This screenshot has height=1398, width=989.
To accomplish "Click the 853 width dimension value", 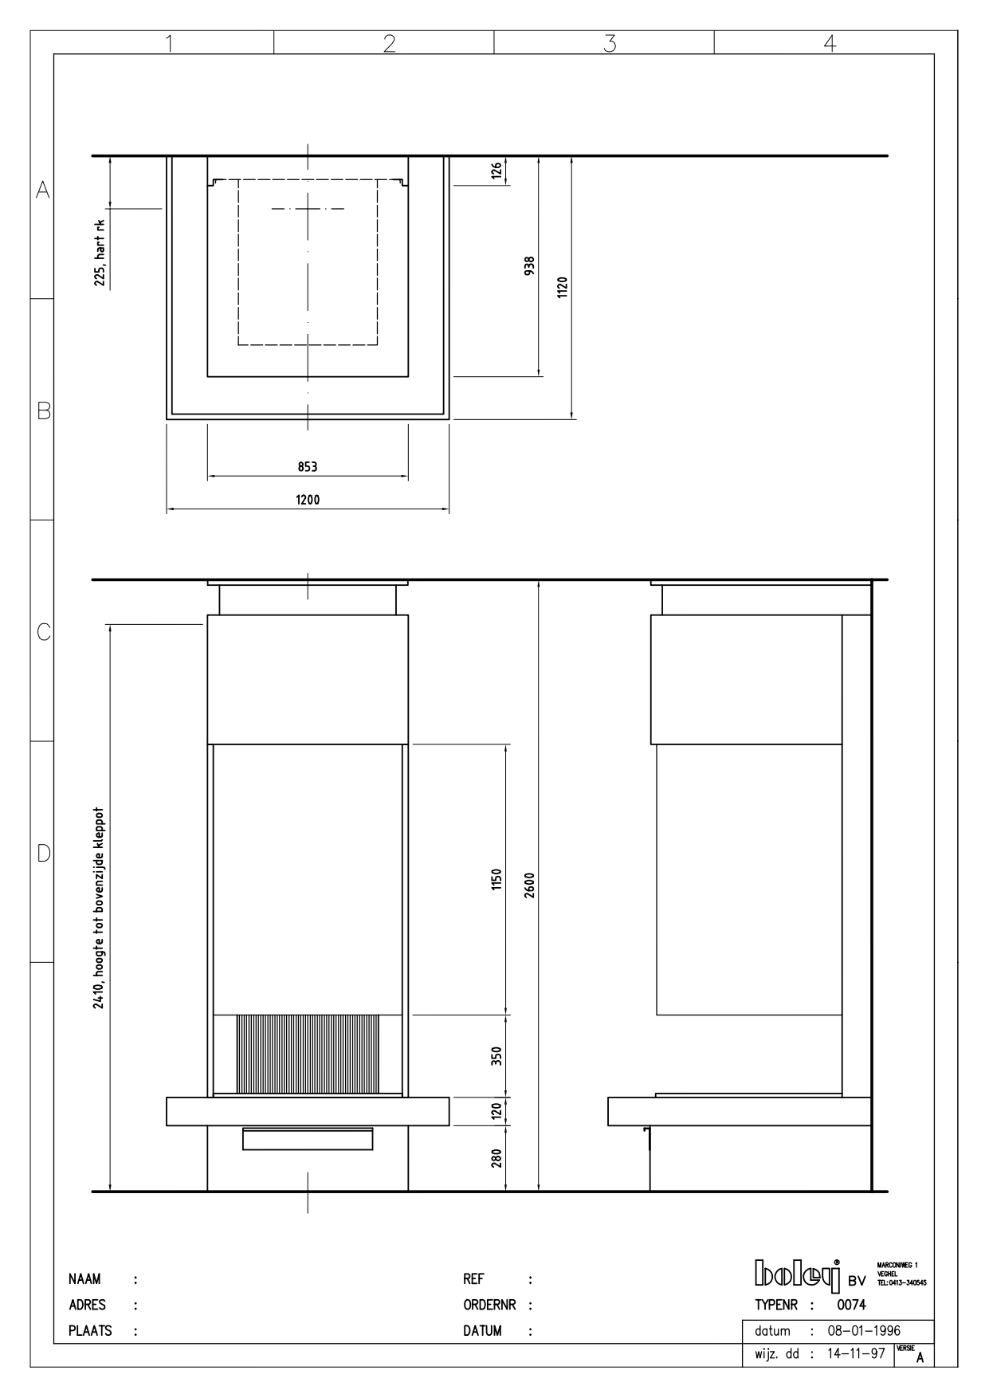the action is coord(308,467).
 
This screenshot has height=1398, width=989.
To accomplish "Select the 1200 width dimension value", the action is coord(308,500).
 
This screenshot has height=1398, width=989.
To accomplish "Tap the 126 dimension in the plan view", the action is coord(496,170).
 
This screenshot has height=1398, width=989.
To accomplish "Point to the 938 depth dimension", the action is coord(529,265).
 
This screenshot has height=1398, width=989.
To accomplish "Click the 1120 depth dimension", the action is coord(562,287).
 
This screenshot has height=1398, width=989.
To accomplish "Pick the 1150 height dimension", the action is coord(496,880).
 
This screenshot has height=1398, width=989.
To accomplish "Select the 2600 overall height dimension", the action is coord(529,885).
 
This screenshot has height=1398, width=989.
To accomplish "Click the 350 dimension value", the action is coord(496,1057).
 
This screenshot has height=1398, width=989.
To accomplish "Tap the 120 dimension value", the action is coord(496,1110).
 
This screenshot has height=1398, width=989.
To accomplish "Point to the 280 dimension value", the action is coord(496,1158).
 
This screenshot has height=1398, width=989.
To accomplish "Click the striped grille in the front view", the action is coord(307,1054).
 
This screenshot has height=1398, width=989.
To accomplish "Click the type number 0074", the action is coord(851,1305).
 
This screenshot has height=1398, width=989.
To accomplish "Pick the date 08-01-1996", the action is coord(865,1331).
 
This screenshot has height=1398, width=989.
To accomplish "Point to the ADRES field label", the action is coord(87,1305).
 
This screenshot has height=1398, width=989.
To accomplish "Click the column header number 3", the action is coord(610,43).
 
